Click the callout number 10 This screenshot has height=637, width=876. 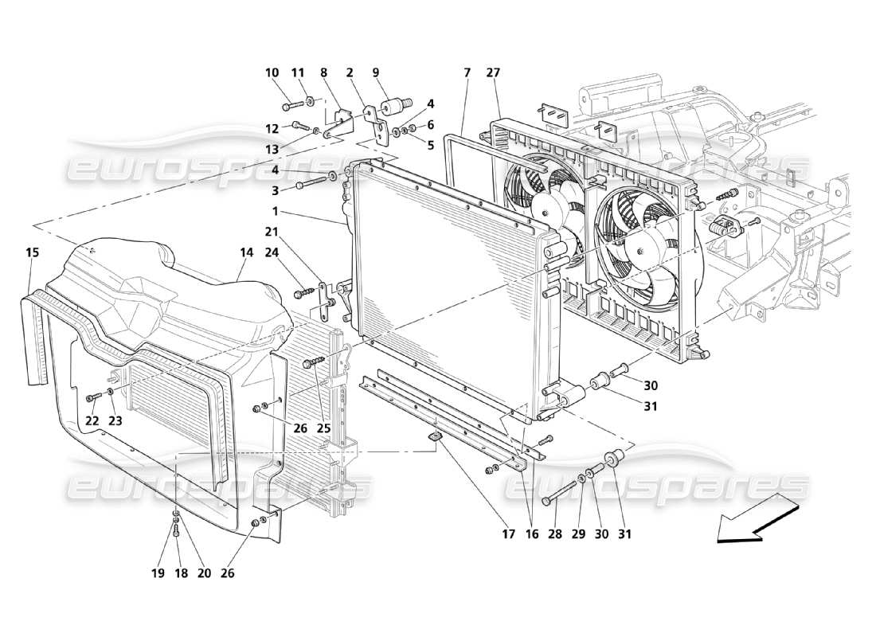(272, 73)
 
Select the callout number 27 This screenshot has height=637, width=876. (493, 73)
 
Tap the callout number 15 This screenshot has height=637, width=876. (32, 252)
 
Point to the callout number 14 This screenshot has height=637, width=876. (246, 252)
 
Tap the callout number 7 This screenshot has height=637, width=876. (467, 73)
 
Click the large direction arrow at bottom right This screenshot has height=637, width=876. (757, 522)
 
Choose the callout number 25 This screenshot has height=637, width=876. (323, 428)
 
